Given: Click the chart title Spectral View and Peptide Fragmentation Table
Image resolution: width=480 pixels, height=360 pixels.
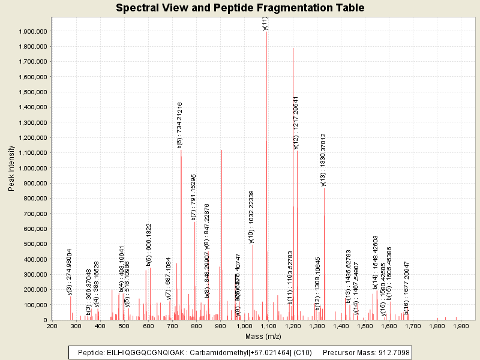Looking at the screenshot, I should [240, 8].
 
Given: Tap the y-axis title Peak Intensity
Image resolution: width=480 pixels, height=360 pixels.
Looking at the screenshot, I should [11, 171].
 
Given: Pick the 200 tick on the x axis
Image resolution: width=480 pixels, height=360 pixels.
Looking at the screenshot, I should [52, 326].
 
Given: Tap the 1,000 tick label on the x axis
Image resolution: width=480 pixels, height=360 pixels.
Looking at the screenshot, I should [244, 326].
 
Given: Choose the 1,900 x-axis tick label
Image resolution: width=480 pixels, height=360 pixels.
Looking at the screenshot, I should [461, 326].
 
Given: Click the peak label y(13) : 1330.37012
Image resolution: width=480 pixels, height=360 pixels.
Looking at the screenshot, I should [323, 160].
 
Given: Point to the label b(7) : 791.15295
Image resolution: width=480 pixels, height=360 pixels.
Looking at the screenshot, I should [193, 197].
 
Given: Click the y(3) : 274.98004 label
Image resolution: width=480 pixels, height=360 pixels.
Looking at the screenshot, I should [70, 271].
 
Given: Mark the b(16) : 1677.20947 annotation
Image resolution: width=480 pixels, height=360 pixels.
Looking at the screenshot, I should [406, 287].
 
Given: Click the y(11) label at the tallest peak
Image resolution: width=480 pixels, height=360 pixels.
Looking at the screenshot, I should [265, 23].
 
